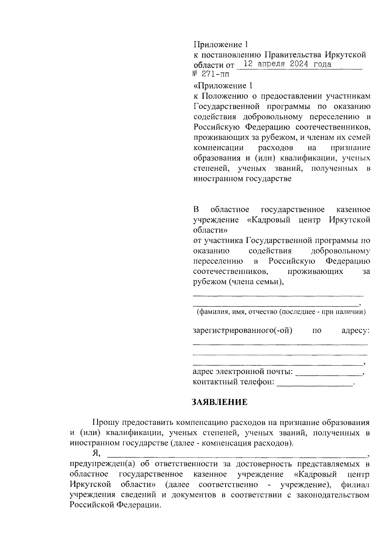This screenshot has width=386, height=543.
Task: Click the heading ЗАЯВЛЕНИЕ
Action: pyautogui.click(x=220, y=402)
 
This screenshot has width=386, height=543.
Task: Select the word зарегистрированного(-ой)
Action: pyautogui.click(x=242, y=330)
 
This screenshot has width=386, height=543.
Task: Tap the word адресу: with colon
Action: pyautogui.click(x=355, y=330)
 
